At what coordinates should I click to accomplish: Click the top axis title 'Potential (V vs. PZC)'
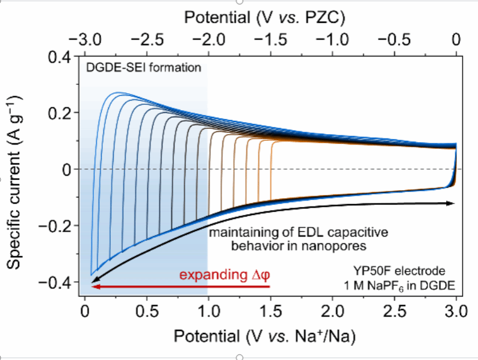265,17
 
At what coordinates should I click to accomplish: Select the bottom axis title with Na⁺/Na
265,338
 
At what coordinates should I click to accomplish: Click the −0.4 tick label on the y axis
57,282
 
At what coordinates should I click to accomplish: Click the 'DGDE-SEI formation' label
143,67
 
